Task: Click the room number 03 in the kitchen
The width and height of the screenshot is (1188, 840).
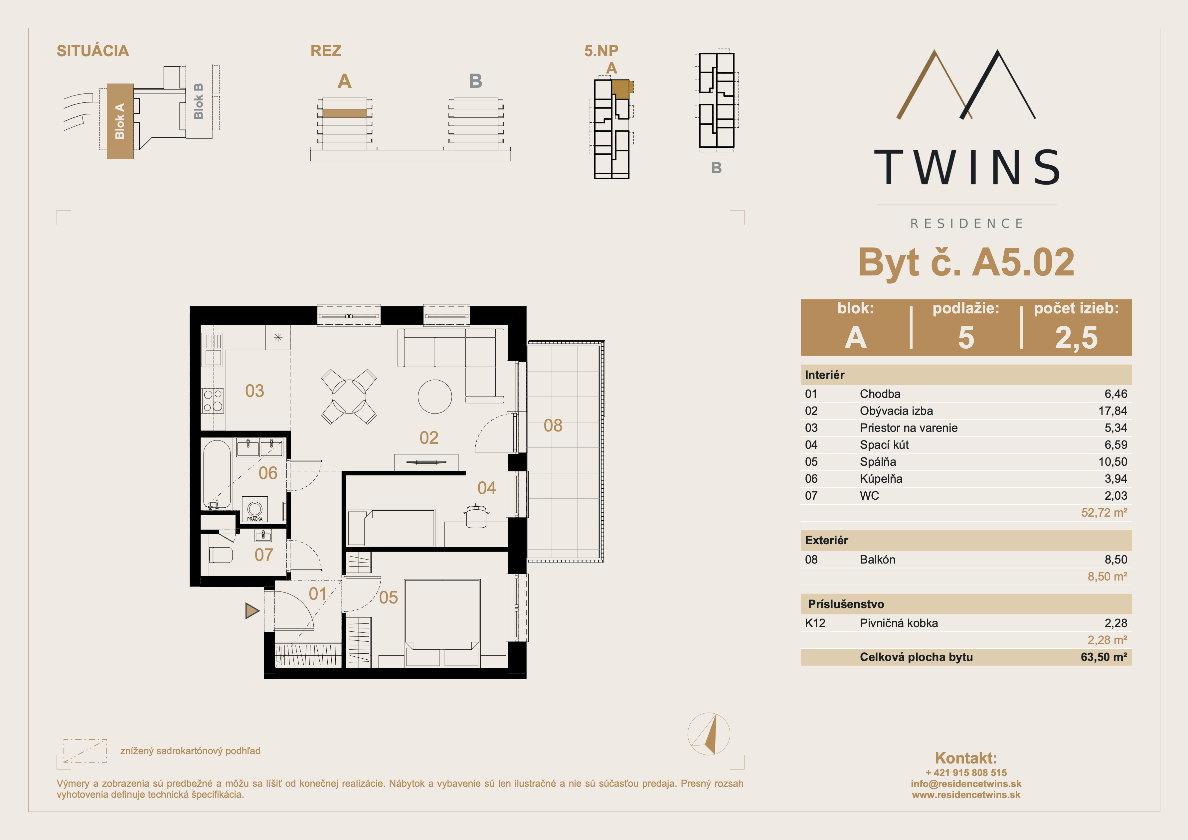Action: (x=255, y=391)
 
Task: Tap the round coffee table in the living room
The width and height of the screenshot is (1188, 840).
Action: (x=434, y=397)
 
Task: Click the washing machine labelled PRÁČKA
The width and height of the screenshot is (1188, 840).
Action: (x=255, y=509)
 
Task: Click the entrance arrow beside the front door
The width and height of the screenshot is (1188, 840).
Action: (x=252, y=611)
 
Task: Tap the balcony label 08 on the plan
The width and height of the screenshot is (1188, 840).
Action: (x=553, y=425)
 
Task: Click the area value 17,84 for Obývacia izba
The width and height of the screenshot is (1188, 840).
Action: (x=1112, y=411)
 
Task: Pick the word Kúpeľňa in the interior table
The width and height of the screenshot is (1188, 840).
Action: (x=881, y=479)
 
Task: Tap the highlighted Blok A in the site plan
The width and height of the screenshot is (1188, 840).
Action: (x=120, y=121)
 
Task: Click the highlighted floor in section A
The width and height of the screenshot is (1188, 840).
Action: (x=345, y=113)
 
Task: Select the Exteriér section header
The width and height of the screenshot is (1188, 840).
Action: (x=826, y=540)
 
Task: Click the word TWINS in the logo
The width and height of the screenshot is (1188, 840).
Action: (x=966, y=167)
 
